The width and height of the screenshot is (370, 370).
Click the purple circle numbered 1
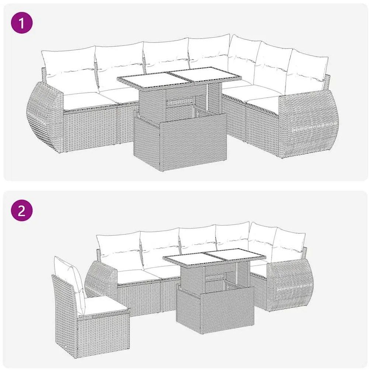click(x=21, y=23)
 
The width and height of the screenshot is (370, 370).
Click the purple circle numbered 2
click(x=21, y=211)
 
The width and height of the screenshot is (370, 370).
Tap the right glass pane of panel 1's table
click(x=205, y=75)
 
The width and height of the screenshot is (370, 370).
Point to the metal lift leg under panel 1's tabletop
click(x=207, y=97)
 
